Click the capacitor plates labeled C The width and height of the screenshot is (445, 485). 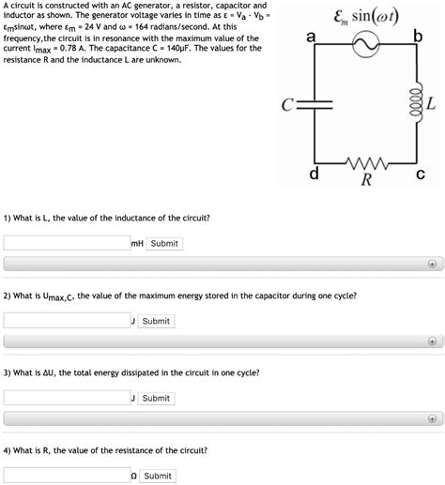pyautogui.click(x=314, y=103)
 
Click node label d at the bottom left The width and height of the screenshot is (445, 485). pyautogui.click(x=314, y=174)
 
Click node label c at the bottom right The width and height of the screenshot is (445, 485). pyautogui.click(x=420, y=174)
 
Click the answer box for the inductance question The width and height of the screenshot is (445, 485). pyautogui.click(x=67, y=243)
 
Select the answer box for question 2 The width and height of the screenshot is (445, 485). pyautogui.click(x=67, y=321)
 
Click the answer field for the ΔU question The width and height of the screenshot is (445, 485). pyautogui.click(x=67, y=398)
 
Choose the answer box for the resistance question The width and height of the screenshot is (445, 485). pyautogui.click(x=67, y=475)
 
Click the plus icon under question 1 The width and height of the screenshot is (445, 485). pyautogui.click(x=432, y=265)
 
